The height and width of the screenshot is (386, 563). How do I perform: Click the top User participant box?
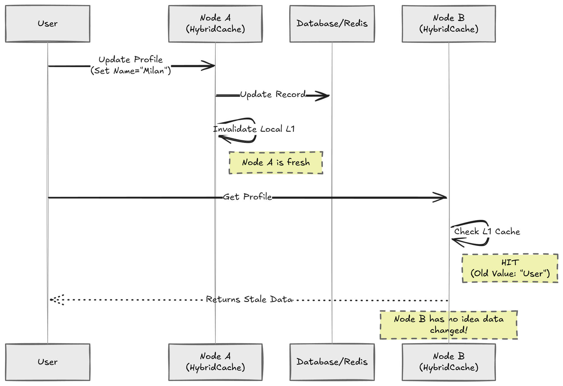(48, 24)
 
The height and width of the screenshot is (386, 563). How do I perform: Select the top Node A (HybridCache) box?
(215, 24)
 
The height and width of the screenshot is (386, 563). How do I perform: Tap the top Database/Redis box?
(332, 24)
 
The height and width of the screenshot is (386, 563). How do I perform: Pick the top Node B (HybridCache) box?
(449, 24)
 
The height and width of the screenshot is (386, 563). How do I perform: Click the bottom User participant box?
(48, 362)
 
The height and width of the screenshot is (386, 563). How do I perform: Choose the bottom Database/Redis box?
(332, 362)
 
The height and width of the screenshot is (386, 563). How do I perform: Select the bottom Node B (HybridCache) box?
(449, 362)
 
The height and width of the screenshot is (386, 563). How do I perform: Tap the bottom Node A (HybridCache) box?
(215, 362)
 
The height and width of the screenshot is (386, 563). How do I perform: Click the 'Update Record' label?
(273, 94)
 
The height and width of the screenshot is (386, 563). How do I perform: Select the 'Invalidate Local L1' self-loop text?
(254, 129)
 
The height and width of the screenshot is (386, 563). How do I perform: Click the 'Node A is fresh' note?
(276, 163)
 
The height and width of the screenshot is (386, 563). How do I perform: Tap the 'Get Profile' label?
(247, 197)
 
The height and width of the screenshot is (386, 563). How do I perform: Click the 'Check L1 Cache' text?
(487, 232)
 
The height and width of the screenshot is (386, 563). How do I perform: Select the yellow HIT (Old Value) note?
(510, 268)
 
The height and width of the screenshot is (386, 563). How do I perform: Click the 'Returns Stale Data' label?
(249, 299)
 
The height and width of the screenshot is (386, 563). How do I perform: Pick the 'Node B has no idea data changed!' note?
(449, 325)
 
